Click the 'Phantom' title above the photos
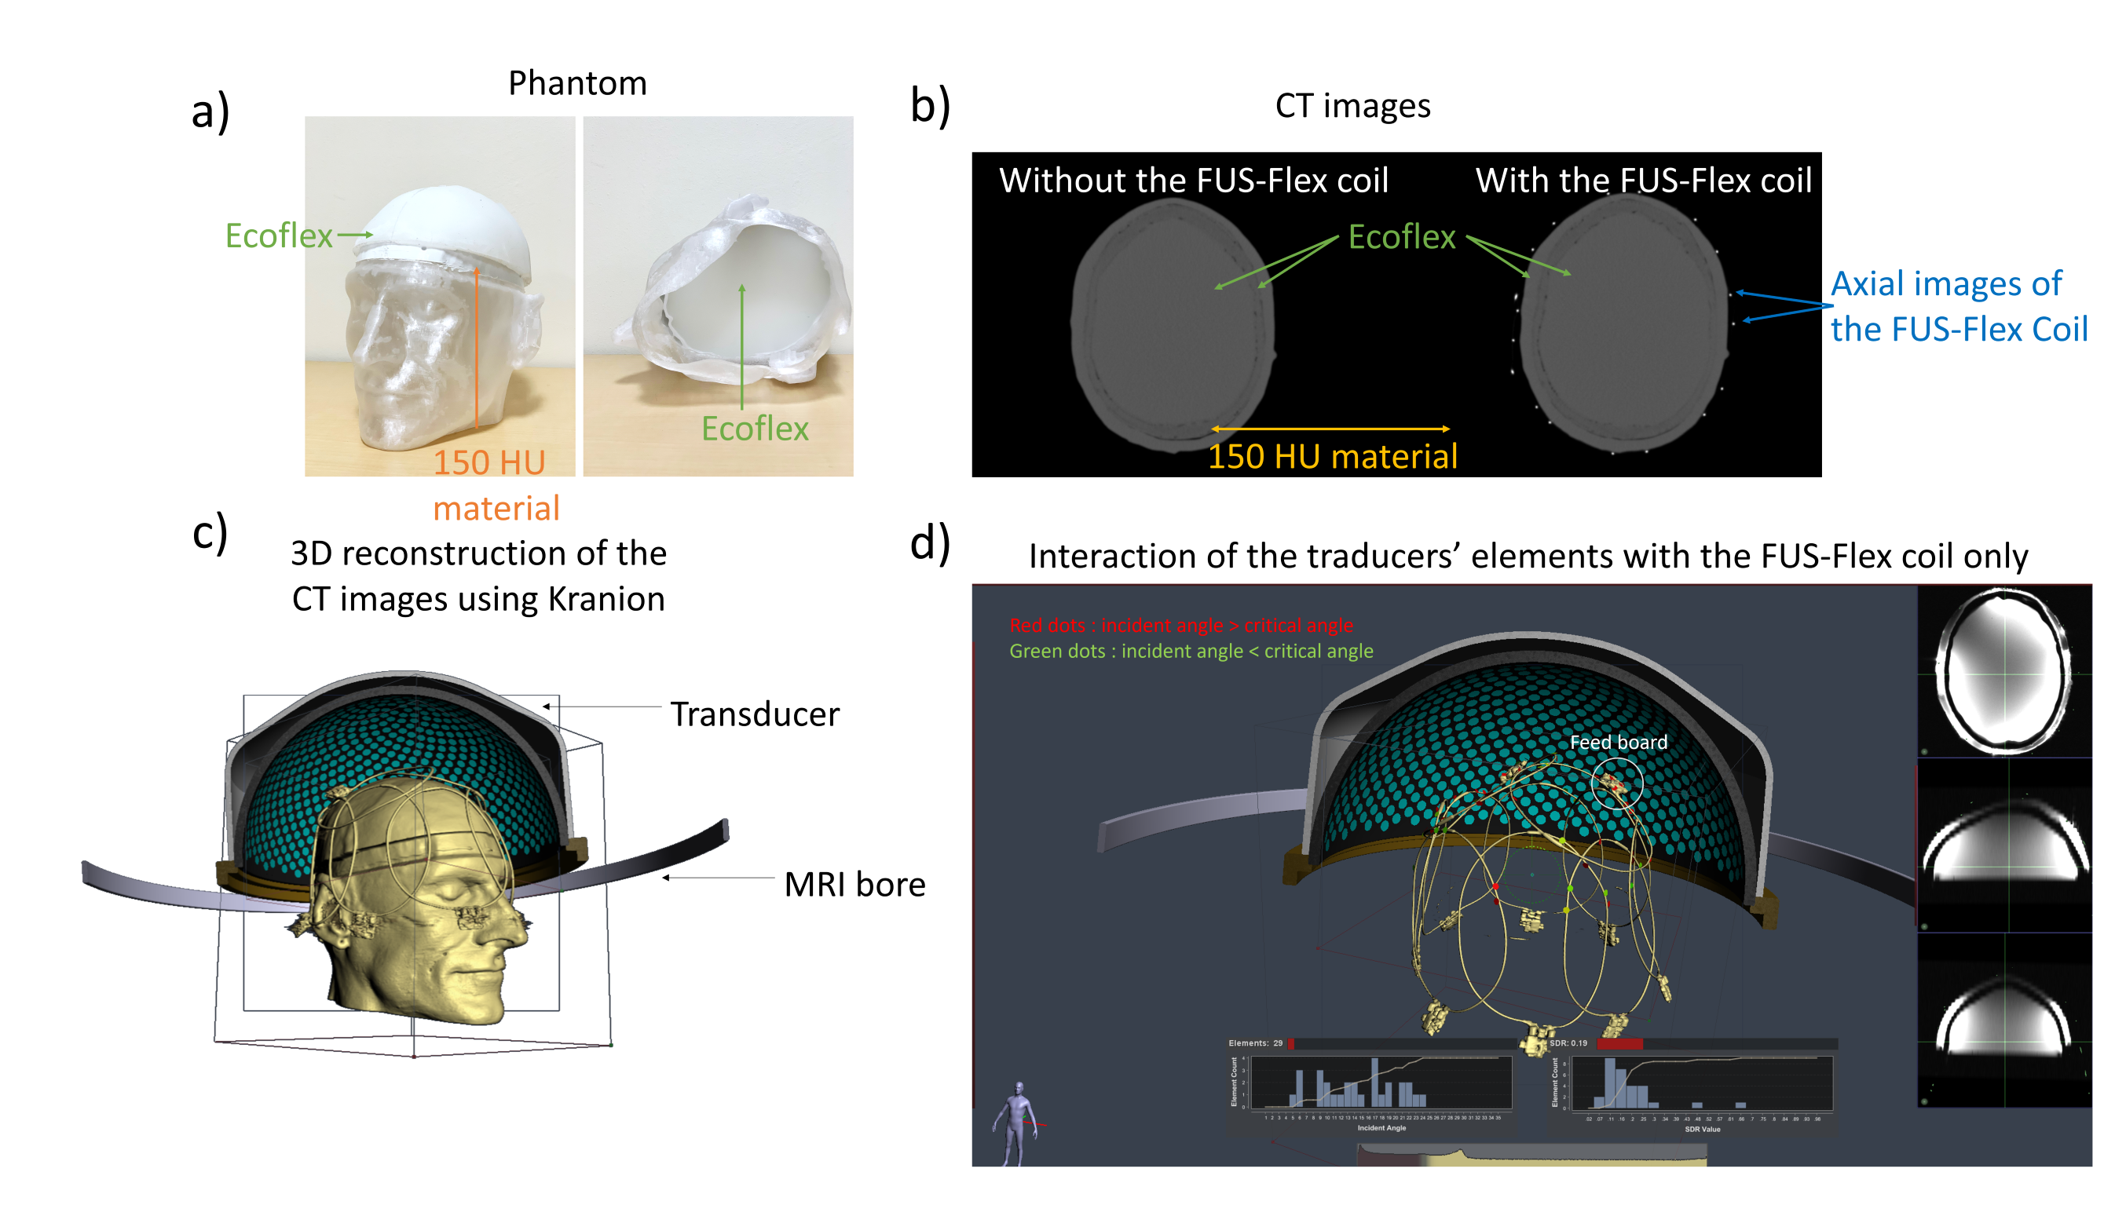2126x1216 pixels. [x=577, y=83]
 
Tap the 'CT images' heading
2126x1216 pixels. [x=1352, y=106]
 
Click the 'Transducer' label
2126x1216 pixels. [x=754, y=715]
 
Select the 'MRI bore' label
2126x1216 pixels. [x=854, y=885]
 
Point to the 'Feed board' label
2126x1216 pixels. [x=1618, y=743]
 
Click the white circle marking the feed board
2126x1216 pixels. [x=1617, y=783]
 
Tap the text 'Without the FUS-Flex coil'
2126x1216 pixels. [x=1194, y=181]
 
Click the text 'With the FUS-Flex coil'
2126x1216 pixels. [x=1643, y=181]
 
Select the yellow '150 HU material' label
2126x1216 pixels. [x=1333, y=457]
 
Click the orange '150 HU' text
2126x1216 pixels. [x=489, y=462]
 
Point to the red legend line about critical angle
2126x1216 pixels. [x=1181, y=626]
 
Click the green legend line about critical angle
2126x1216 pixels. [x=1191, y=652]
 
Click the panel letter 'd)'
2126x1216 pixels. [x=930, y=543]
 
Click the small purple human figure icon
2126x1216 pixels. [x=1016, y=1122]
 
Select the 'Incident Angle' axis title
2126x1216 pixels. [x=1381, y=1128]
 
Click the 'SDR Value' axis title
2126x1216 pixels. [x=1702, y=1129]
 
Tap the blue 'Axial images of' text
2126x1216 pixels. [x=1946, y=284]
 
